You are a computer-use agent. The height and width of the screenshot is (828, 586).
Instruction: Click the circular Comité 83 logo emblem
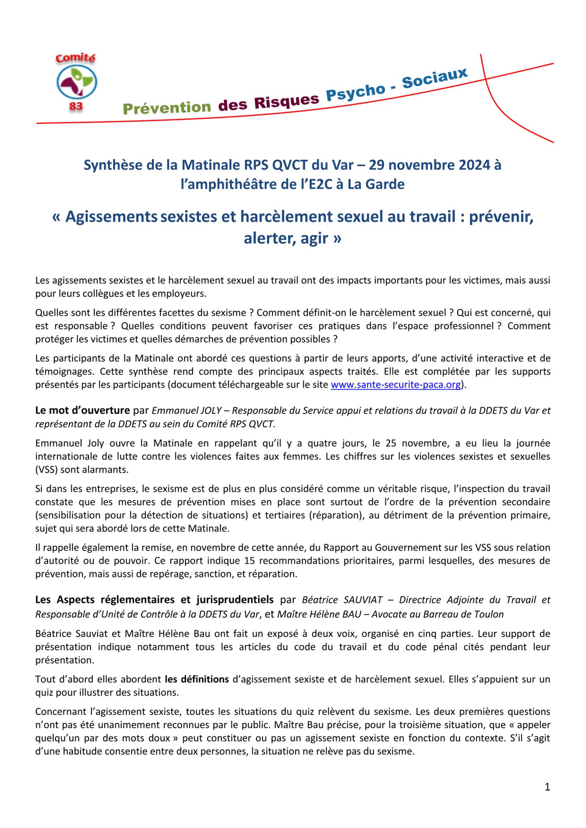pos(77,82)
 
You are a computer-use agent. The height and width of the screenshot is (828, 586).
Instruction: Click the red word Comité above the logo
pos(75,58)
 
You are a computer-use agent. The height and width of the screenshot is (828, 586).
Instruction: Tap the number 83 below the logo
pos(76,106)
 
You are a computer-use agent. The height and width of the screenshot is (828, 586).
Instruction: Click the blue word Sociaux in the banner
pos(434,78)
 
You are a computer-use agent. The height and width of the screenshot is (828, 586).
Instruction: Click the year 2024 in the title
pos(469,165)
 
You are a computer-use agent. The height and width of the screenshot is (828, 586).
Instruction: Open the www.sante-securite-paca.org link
pos(395,385)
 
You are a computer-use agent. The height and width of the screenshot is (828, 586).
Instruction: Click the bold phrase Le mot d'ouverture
pos(82,410)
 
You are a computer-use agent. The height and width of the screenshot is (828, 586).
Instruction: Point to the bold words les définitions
pos(197,679)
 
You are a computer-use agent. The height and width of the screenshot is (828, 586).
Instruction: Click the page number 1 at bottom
pos(547,787)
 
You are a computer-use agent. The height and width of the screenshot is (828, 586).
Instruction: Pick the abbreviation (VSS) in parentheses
pos(46,469)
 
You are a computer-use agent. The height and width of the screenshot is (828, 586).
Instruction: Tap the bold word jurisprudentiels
pos(235,599)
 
